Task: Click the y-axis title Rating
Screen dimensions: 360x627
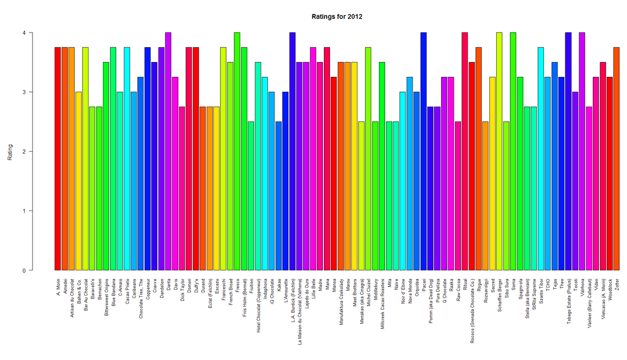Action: [x=9, y=152]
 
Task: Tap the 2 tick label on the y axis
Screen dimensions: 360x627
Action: [x=24, y=152]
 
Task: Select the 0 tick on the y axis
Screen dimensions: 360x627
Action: [x=24, y=270]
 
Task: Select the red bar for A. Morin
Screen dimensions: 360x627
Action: [x=57, y=159]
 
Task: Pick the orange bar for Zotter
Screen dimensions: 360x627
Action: [x=616, y=159]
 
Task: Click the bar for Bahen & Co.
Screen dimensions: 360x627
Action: [x=78, y=181]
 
